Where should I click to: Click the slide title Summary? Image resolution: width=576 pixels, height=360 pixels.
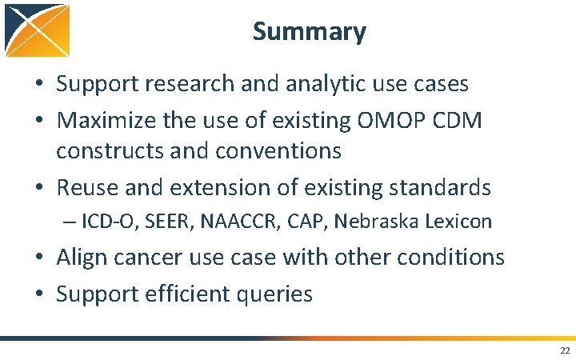click(x=310, y=32)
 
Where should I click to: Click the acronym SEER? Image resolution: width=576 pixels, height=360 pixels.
click(x=160, y=222)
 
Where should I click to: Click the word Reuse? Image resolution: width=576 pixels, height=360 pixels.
click(x=87, y=188)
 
